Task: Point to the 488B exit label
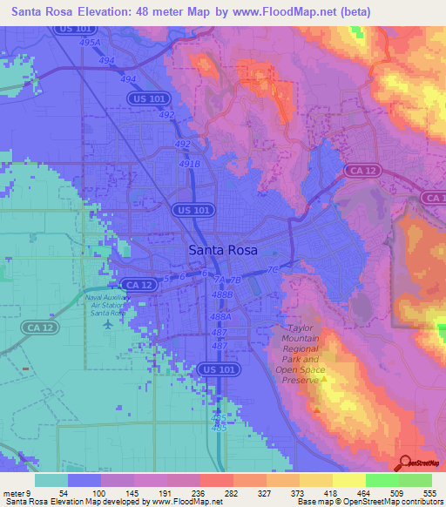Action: (222, 294)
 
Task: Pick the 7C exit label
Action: (273, 269)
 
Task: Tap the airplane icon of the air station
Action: (107, 324)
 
